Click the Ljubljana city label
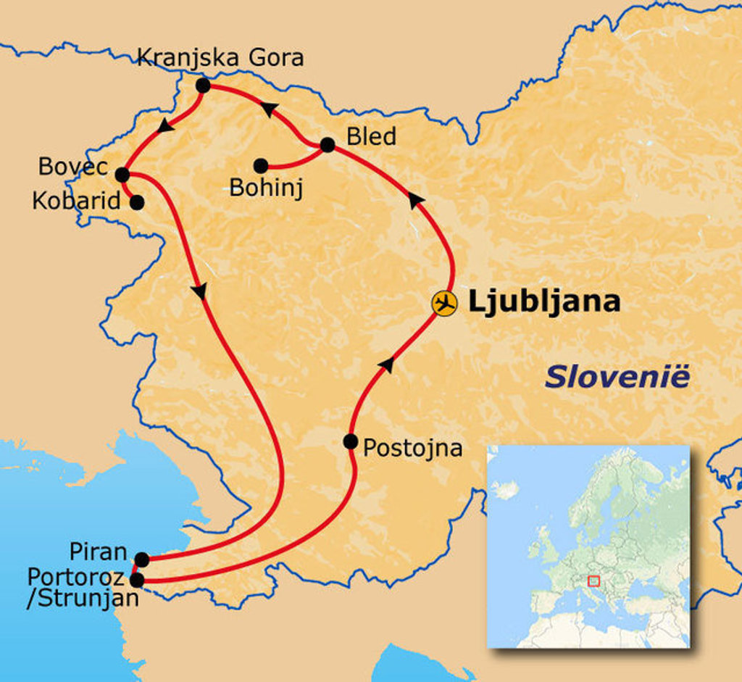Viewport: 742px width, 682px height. click(544, 302)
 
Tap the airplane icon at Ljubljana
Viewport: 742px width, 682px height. click(444, 303)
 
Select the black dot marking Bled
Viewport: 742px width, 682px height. click(327, 145)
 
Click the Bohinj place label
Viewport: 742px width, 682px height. click(266, 188)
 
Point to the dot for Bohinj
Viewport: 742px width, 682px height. click(261, 166)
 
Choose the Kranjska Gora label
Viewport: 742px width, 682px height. click(220, 57)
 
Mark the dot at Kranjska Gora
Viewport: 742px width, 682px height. click(203, 86)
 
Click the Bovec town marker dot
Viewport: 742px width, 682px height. click(122, 175)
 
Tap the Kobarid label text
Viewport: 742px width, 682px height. click(76, 201)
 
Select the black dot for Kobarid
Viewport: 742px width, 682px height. click(136, 203)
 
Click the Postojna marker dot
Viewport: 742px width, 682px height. click(351, 441)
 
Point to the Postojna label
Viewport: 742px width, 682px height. click(412, 448)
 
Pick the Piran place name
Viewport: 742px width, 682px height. click(99, 552)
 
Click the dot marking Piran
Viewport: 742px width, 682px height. click(142, 560)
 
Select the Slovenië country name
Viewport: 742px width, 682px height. click(617, 378)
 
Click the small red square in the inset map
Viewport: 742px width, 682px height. click(593, 581)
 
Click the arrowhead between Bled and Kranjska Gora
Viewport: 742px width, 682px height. click(268, 109)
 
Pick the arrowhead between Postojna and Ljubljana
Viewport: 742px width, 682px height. click(388, 365)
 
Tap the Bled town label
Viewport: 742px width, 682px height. click(372, 136)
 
